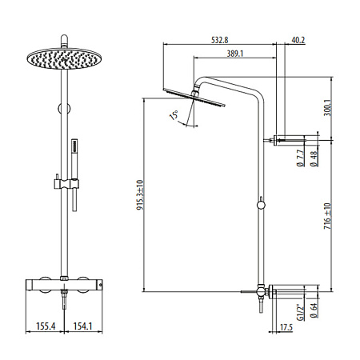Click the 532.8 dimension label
[x=220, y=40]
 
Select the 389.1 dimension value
[x=235, y=54]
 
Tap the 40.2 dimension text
[x=298, y=40]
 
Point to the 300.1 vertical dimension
[x=327, y=107]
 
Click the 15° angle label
[x=174, y=115]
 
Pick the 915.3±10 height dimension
[x=140, y=195]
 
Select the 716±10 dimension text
[x=327, y=216]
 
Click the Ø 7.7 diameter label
[x=301, y=158]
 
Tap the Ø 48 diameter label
[x=314, y=158]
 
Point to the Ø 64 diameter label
[x=314, y=310]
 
